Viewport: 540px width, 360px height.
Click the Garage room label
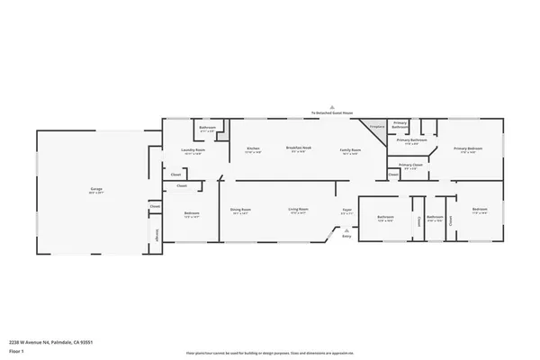(95, 189)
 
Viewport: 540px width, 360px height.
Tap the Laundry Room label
(193, 149)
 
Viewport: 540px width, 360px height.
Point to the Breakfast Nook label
(299, 147)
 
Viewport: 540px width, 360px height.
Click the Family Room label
(349, 149)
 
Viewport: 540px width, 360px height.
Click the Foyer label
(346, 211)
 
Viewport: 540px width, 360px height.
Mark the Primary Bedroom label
(467, 149)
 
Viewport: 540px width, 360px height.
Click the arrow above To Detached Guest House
(332, 107)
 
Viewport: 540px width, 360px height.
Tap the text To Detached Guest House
(332, 113)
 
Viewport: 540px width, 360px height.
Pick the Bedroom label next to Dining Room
(192, 214)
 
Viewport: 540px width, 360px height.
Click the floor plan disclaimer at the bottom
(270, 353)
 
